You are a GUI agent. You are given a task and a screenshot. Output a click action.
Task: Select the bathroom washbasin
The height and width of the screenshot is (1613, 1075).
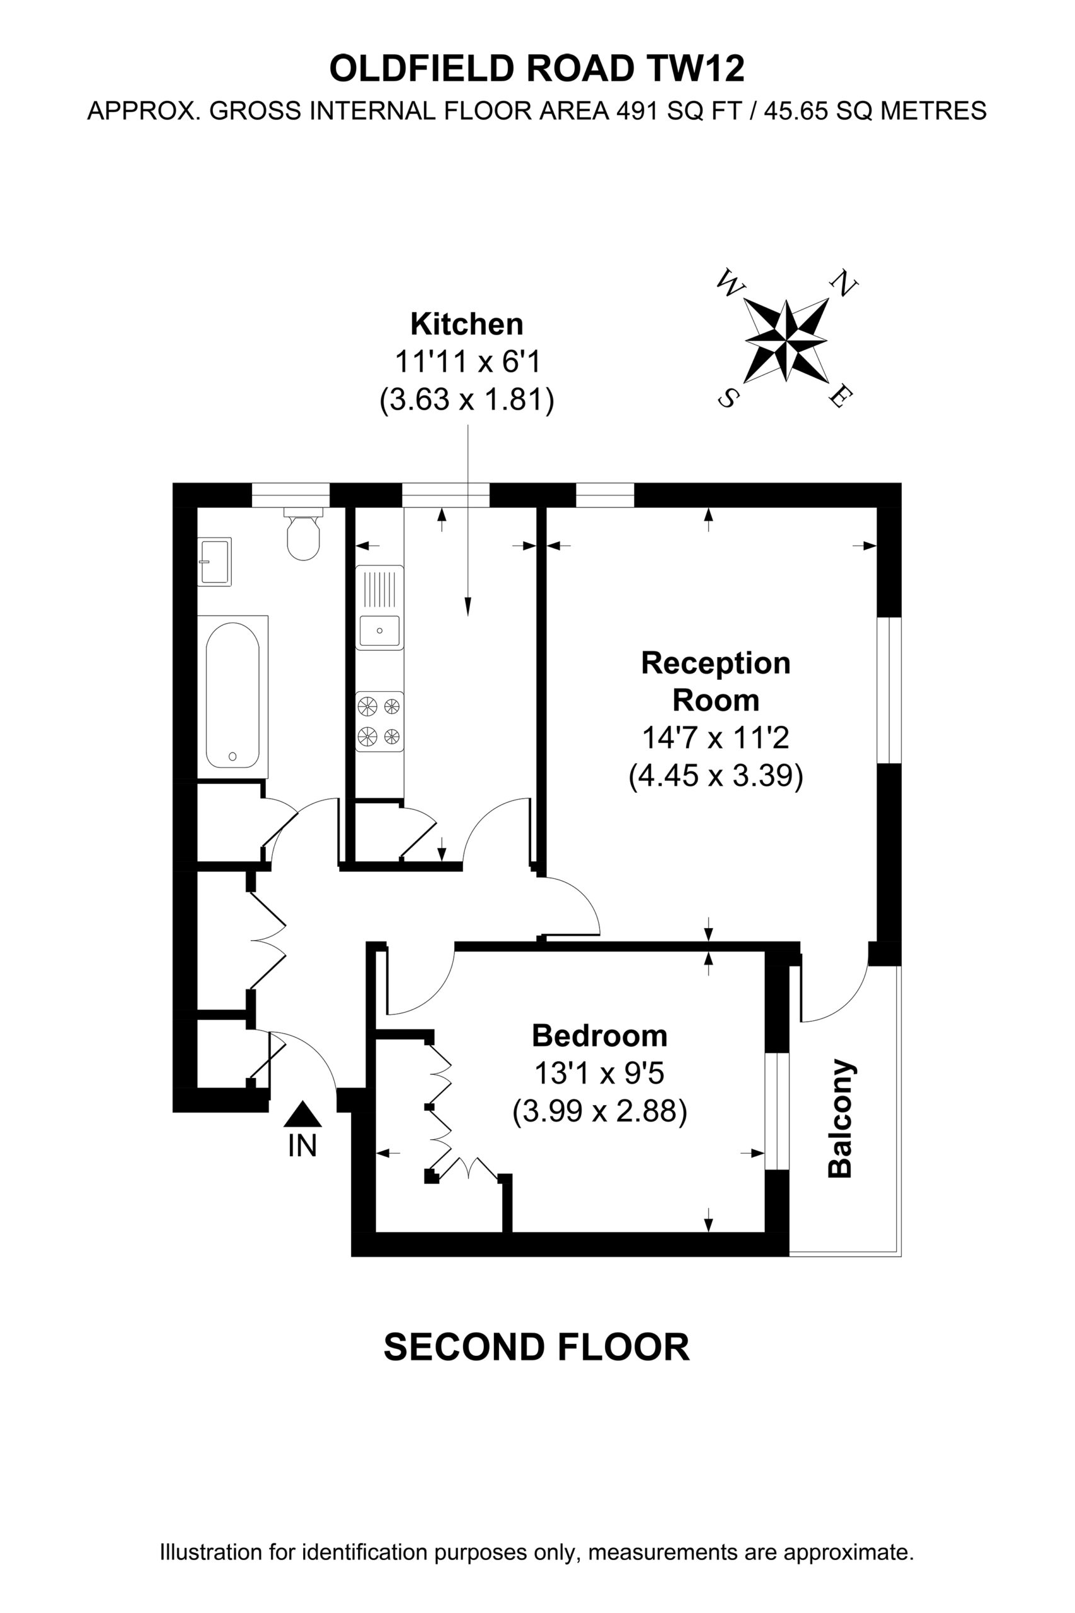tap(215, 561)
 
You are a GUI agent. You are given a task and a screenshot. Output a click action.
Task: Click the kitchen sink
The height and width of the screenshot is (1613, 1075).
tap(379, 607)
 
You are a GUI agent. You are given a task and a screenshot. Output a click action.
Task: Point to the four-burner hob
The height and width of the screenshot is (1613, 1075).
tap(379, 721)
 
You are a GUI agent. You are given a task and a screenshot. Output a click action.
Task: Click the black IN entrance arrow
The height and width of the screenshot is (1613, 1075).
tap(302, 1114)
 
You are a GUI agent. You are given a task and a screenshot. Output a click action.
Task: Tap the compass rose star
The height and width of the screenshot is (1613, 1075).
tap(786, 340)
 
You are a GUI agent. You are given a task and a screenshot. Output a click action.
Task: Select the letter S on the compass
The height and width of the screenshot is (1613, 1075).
tap(727, 397)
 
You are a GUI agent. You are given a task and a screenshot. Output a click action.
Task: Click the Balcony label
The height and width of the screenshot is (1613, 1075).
tap(840, 1120)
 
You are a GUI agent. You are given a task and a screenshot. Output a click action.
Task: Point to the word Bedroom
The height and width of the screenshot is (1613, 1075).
tap(599, 1036)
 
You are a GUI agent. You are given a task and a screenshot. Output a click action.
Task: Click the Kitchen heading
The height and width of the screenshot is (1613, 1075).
tap(466, 324)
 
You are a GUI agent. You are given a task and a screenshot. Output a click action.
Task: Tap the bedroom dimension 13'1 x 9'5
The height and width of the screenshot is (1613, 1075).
tap(599, 1074)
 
